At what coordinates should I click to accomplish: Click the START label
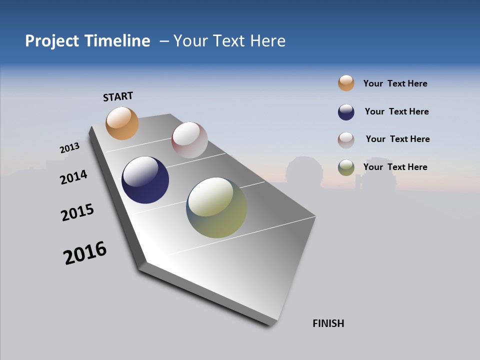[118, 96]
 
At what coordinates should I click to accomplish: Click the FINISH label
[328, 323]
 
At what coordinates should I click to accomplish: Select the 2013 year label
[69, 148]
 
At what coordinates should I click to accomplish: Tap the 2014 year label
[73, 177]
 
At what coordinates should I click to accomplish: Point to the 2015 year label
[77, 212]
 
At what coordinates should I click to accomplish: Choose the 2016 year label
[85, 253]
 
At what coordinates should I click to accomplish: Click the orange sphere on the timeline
[122, 123]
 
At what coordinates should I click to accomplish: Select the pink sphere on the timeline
[189, 140]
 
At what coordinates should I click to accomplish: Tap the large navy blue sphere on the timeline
[145, 180]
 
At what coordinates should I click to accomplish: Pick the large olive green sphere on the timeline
[216, 207]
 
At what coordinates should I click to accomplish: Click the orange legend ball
[346, 83]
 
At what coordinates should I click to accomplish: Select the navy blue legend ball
[346, 112]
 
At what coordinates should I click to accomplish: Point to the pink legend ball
[346, 140]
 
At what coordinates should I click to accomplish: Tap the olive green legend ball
[346, 167]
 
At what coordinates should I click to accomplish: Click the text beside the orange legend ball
[395, 83]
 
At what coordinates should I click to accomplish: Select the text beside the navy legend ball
[396, 111]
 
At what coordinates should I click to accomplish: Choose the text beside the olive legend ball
[395, 167]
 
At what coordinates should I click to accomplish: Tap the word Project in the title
[52, 41]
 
